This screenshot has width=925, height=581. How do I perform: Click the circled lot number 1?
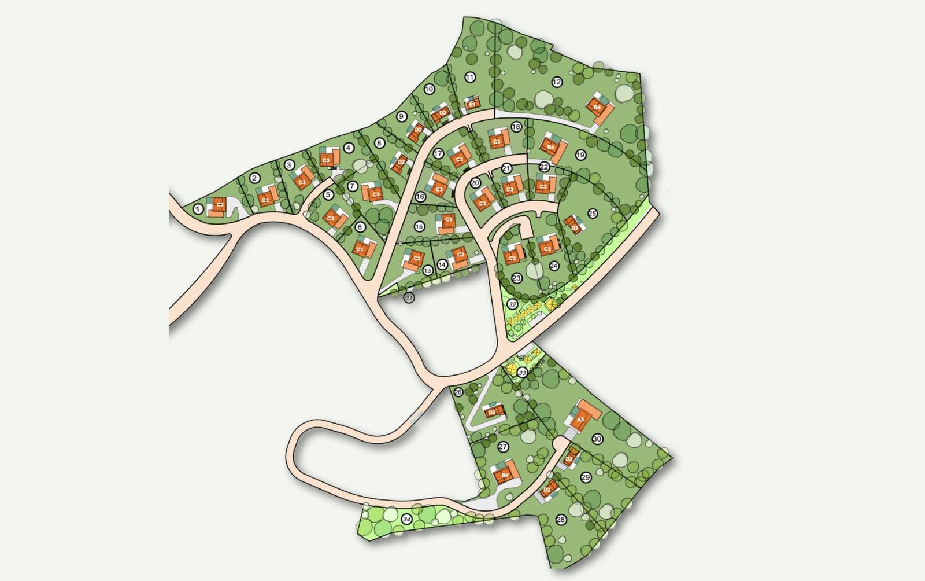199,209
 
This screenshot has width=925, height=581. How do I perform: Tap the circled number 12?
557,82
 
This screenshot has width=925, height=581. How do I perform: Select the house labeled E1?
472,104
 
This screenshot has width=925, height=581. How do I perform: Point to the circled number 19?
580,155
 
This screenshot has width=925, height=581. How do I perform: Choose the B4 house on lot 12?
598,108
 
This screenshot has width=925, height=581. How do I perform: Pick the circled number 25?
592,214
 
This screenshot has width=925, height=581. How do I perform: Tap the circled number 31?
409,297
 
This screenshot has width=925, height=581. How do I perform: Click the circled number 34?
407,520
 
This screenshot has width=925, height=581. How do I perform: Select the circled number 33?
523,373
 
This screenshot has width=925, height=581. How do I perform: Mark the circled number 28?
561,520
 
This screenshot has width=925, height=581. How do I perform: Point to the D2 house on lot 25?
574,227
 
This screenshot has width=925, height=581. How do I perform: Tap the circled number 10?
429,89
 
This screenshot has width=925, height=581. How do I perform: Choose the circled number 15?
420,226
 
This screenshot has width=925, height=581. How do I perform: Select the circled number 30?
597,439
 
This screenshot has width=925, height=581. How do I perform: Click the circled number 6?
360,227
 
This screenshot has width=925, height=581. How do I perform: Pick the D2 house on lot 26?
493,412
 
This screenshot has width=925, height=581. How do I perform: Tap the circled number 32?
512,304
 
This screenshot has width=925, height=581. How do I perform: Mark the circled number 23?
516,278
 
